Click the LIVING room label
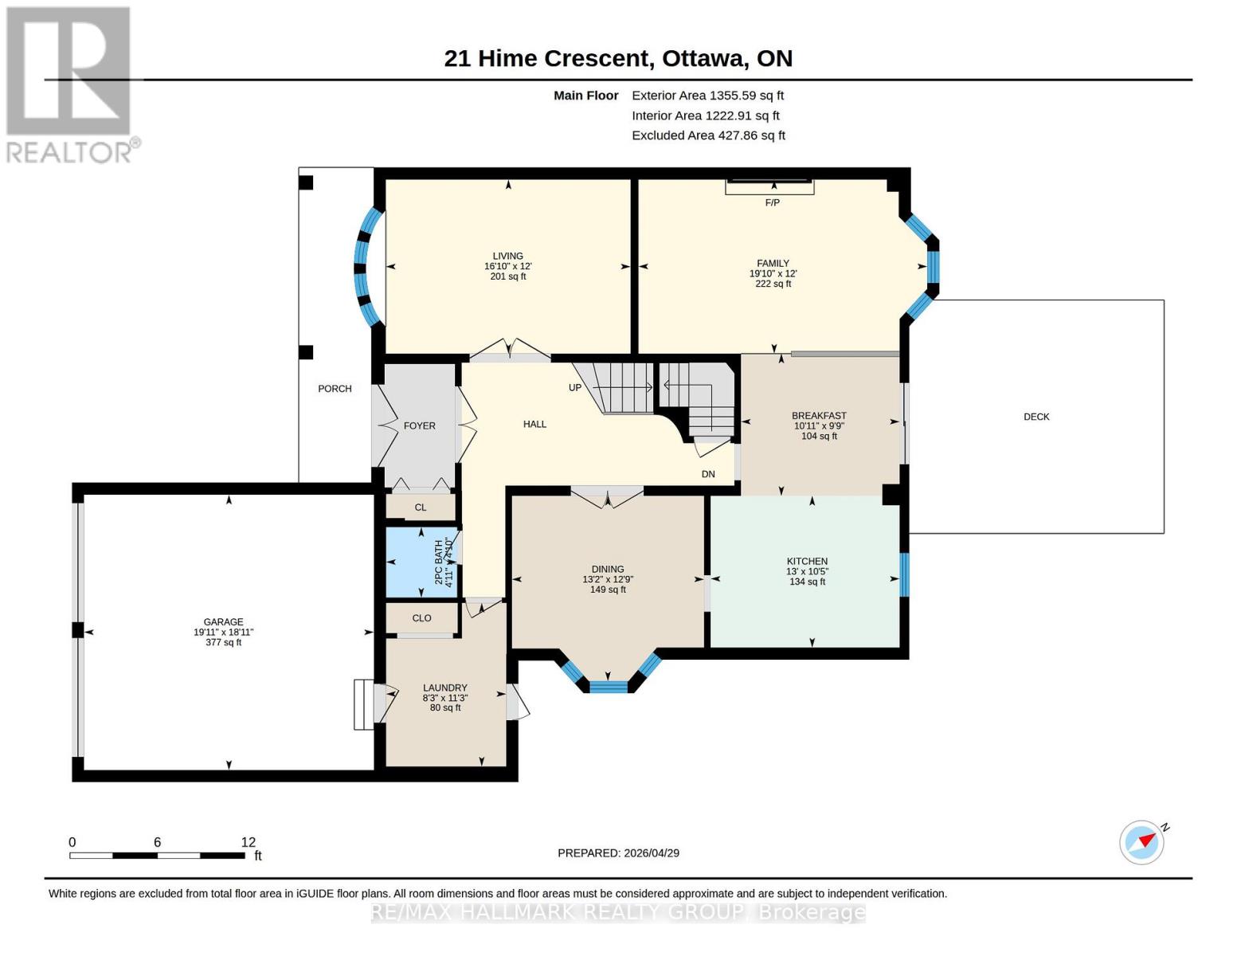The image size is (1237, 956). pos(507,256)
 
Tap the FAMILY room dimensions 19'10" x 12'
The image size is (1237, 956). pos(773,273)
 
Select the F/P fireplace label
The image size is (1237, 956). pos(772,203)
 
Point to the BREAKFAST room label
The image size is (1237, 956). pos(819,416)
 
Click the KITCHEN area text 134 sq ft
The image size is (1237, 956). pos(807,582)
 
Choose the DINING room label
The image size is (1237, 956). pos(608,570)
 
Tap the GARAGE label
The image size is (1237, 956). pos(223,622)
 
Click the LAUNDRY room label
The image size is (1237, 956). pos(444,688)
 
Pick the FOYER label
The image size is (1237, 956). pos(419,426)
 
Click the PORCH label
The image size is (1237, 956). pos(335,389)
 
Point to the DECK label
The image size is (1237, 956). pos(1036,417)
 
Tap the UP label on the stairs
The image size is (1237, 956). pos(575,388)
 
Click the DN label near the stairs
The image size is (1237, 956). pos(708,474)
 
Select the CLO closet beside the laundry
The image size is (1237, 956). pos(421,618)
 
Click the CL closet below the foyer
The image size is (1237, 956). pos(421,507)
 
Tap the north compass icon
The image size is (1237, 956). pos(1142,842)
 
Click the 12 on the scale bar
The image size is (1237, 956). pos(249,842)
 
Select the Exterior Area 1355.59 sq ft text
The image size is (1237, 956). pos(707,96)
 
